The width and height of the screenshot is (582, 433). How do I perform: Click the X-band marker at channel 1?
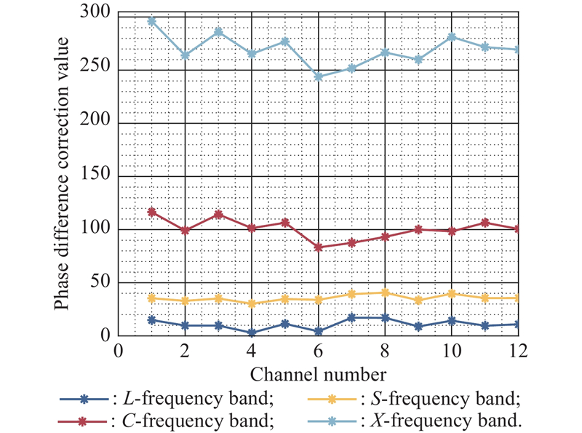[151, 21]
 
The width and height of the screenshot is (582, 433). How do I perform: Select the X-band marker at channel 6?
[318, 77]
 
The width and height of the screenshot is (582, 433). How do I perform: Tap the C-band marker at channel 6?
[318, 247]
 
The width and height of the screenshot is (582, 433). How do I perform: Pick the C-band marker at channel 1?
[151, 212]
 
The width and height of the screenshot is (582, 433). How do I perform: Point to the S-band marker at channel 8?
[385, 293]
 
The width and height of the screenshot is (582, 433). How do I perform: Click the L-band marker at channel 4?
[252, 333]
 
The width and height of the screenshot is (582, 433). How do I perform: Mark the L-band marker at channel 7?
[351, 318]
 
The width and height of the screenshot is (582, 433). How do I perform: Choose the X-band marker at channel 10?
[452, 37]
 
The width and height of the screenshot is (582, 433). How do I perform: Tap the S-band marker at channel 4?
[252, 303]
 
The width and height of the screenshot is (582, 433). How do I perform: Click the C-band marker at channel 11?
[485, 223]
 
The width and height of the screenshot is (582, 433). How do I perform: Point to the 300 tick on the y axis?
[95, 12]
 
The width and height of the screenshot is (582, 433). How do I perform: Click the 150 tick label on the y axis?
[95, 174]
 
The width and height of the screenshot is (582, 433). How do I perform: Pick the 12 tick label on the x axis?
[518, 351]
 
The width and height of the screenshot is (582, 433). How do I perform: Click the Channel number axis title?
[318, 374]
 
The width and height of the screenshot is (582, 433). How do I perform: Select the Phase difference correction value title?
[61, 173]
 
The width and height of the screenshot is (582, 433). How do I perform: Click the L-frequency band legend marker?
[84, 400]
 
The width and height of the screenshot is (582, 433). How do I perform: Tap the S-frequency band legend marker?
[332, 400]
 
